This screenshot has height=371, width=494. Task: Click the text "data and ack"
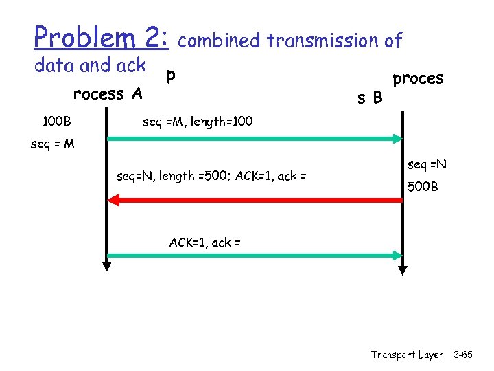(90, 65)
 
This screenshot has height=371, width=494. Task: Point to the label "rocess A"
(108, 93)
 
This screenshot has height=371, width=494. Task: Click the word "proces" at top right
(418, 78)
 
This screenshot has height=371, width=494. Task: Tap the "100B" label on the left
(56, 122)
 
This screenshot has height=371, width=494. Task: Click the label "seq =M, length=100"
(198, 122)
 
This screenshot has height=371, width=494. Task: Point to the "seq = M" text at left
(53, 145)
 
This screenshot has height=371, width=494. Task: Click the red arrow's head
(114, 200)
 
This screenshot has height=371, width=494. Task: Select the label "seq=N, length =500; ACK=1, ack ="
(211, 176)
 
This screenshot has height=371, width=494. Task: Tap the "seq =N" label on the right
(427, 165)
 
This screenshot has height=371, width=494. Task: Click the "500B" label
(423, 187)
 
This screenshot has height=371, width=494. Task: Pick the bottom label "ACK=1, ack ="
(205, 242)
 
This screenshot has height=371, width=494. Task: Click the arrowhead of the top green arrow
(397, 139)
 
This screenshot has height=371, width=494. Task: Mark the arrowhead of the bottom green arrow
(397, 256)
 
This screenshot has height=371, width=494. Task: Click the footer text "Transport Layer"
(407, 355)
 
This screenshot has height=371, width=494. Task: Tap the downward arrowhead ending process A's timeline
(107, 264)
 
